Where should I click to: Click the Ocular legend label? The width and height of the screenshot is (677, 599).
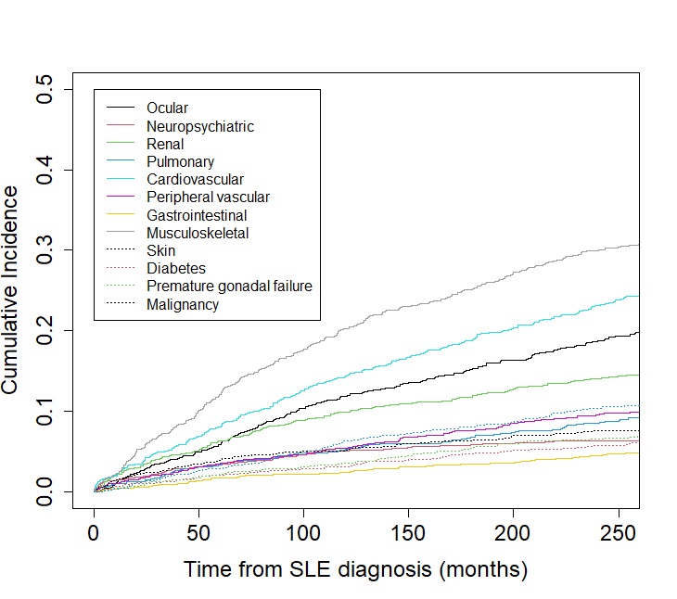[167, 108]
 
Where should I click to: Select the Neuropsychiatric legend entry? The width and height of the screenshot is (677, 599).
[199, 126]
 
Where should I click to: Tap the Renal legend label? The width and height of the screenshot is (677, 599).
[165, 144]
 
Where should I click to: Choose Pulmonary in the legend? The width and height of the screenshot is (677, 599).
[180, 161]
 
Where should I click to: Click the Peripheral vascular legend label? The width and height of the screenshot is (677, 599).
[208, 197]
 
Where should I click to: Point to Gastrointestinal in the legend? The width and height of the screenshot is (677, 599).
[197, 215]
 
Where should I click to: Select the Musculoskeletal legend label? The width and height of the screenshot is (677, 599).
[198, 233]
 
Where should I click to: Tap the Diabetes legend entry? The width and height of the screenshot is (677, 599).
[176, 269]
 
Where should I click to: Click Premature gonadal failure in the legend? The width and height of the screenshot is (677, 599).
[229, 287]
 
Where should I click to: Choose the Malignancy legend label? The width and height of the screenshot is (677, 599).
[183, 304]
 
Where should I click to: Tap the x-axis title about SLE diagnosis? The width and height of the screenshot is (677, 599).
[355, 568]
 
